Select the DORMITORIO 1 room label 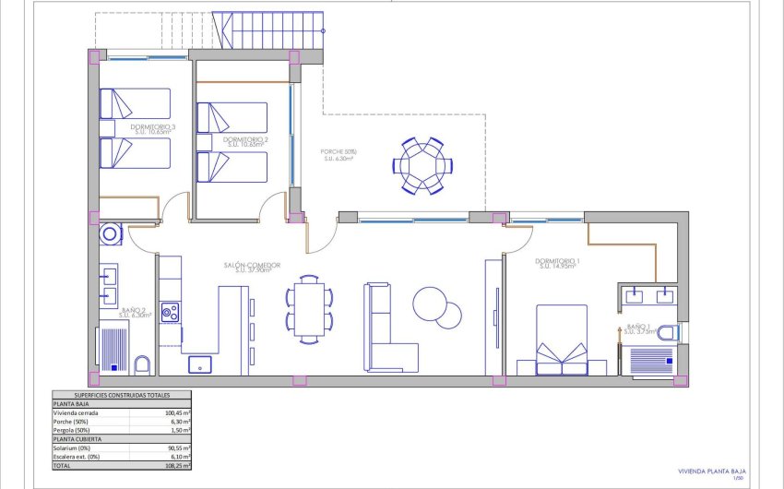(x=558, y=262)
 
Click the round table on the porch (x=423, y=166)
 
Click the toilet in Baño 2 (x=143, y=364)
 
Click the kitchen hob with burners (x=170, y=313)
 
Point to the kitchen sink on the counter (x=200, y=364)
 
